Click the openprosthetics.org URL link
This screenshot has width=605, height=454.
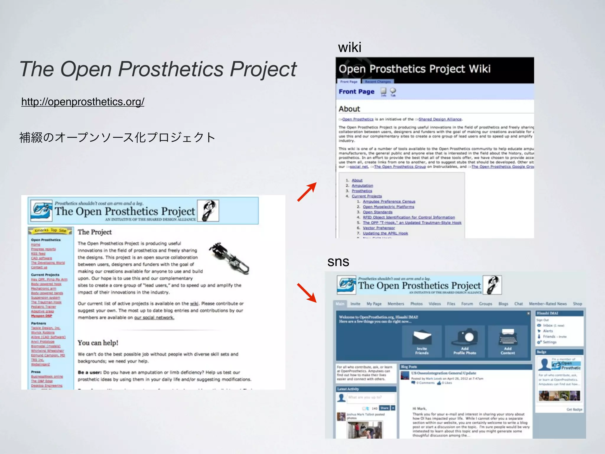coord(83,102)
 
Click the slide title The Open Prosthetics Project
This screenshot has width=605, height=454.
coord(158,69)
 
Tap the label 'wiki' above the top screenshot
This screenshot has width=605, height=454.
coord(349,47)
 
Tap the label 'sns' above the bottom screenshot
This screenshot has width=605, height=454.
coord(338,261)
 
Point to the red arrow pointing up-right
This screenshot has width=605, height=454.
coord(307,192)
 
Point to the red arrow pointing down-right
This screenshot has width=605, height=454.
coord(307,293)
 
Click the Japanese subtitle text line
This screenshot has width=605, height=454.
coord(117,137)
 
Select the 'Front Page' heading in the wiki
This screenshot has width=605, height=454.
coord(356,92)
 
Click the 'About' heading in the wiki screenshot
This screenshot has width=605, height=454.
coord(349,109)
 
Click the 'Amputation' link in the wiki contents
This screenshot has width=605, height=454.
coord(362,186)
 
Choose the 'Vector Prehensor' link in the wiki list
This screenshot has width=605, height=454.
coord(379,228)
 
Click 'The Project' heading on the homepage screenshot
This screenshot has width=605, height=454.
coord(95,232)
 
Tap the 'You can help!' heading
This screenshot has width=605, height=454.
coord(98,343)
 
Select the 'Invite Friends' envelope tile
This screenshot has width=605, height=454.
coord(422,341)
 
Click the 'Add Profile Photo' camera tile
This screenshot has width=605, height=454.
coord(465,341)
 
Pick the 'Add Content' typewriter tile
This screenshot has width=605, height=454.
coord(508,341)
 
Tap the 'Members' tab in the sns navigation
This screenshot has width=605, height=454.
coord(396,304)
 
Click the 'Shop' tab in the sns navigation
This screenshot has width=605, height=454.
coord(577,304)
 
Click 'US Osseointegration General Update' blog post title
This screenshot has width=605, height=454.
coord(443,373)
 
